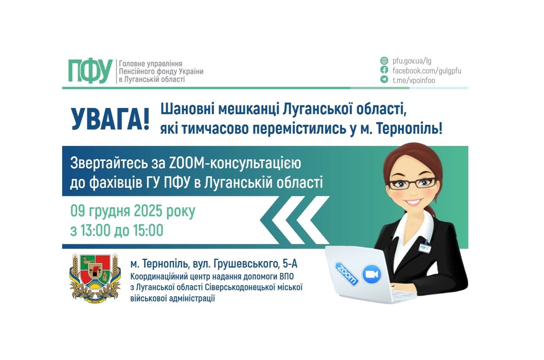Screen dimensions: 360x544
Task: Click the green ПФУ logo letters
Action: point(90,71)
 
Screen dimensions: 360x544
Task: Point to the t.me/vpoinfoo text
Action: point(413,80)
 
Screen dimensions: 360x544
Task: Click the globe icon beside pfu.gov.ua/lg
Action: point(384,61)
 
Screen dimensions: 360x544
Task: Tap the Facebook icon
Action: point(384,70)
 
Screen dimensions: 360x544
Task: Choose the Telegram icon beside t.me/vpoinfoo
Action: point(384,80)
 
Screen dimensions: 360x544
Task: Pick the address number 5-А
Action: point(294,264)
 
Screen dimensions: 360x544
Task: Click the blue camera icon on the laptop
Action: point(372,275)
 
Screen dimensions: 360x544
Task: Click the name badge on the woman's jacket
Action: point(425,247)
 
